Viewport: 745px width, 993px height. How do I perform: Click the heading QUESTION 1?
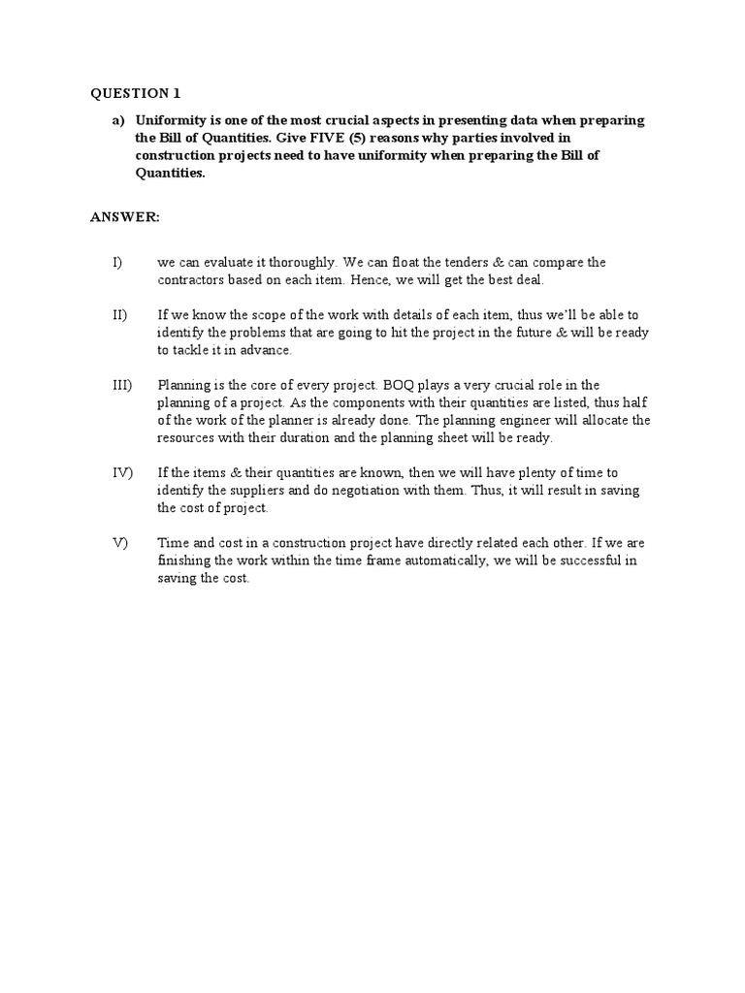click(x=136, y=93)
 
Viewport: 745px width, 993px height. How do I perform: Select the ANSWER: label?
click(x=125, y=217)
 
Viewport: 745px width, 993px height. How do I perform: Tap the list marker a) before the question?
click(x=118, y=120)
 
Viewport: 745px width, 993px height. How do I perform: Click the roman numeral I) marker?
click(x=116, y=263)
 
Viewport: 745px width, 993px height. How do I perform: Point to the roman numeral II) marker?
click(x=118, y=315)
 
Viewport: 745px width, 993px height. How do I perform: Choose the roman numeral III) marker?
click(x=120, y=385)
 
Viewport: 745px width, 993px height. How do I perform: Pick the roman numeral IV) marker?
click(x=120, y=472)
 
